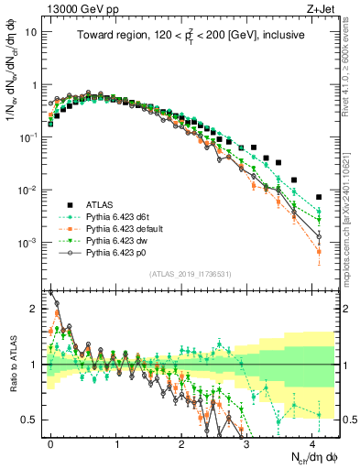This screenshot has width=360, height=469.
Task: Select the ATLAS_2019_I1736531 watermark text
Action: click(x=191, y=275)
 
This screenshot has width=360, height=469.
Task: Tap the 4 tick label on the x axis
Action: click(x=312, y=442)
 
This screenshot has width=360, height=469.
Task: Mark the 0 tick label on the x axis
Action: click(x=51, y=442)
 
